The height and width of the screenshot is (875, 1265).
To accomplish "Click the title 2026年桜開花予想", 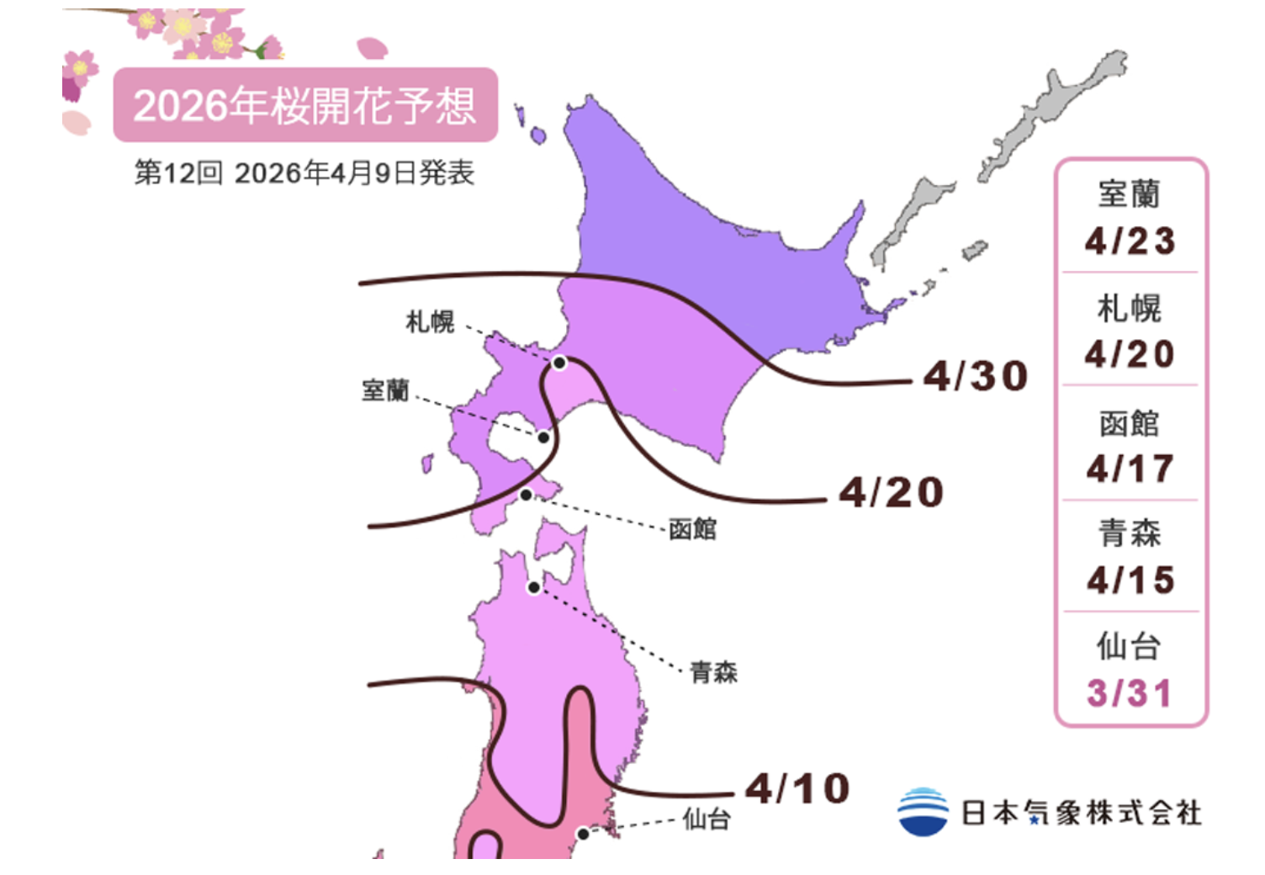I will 304,106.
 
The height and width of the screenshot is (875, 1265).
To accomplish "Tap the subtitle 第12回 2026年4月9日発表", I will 304,173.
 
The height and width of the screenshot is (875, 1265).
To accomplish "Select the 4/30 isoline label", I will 976,376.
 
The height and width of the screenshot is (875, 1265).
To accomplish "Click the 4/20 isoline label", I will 892,492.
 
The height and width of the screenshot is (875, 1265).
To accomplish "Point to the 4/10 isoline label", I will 797,789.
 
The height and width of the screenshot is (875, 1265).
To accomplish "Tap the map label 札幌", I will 430,321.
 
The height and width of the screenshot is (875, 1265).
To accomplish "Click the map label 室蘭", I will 385,390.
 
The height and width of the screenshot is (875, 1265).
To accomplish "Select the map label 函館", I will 692,529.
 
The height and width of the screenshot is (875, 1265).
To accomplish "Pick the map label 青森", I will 713,672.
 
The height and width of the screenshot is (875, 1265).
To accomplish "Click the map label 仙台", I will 707,819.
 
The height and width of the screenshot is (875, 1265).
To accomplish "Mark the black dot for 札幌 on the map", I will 559,363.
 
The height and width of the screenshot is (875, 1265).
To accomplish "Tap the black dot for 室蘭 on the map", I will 544,437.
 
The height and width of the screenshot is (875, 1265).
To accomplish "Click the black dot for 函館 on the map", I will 526,495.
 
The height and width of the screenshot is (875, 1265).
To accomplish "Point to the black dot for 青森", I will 533,587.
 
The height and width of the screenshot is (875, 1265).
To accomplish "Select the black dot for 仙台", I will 582,834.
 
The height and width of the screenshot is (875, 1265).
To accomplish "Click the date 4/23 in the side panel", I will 1130,241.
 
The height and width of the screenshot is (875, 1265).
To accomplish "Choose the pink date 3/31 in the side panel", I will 1130,694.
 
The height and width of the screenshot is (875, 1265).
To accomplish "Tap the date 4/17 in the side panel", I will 1130,469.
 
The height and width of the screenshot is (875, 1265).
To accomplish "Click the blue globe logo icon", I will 923,812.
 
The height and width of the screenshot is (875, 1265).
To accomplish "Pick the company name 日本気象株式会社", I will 1082,814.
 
